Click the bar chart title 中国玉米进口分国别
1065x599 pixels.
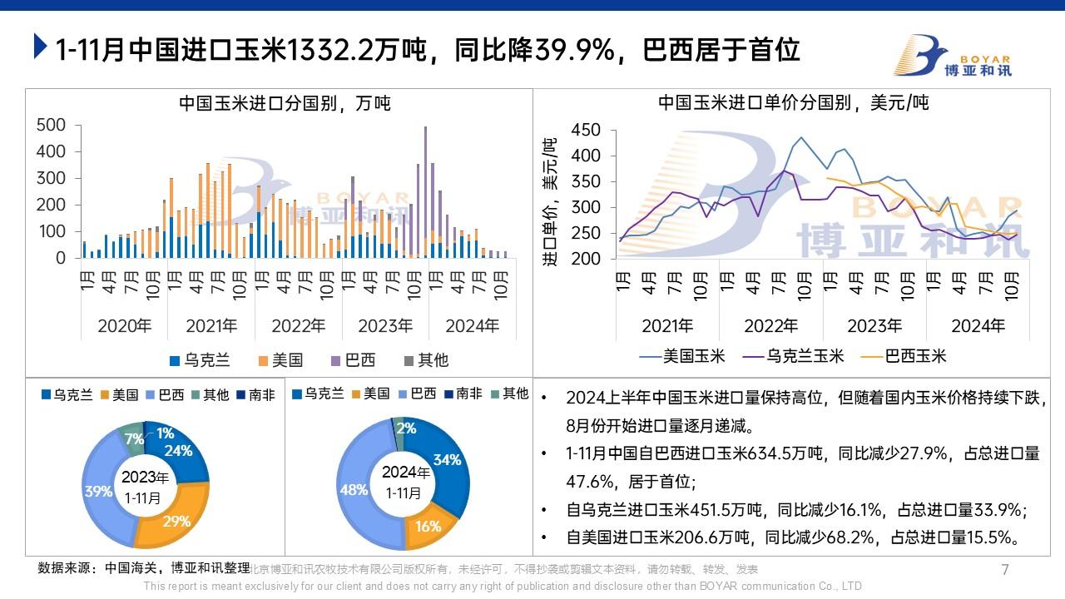coord(285,104)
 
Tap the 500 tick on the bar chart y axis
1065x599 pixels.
coord(52,125)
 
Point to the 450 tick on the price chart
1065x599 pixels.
coord(586,131)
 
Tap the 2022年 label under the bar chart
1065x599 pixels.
coord(298,325)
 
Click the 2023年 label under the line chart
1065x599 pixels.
coord(874,325)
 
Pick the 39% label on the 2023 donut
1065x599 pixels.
coord(98,491)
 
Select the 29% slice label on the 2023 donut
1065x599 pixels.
coord(177,522)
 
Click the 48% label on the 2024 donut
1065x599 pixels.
coord(354,490)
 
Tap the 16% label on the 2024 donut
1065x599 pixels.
coord(428,526)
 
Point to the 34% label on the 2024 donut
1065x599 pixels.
coord(447,459)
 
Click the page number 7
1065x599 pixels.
coord(1004,570)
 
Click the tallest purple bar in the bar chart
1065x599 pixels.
coord(426,191)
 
